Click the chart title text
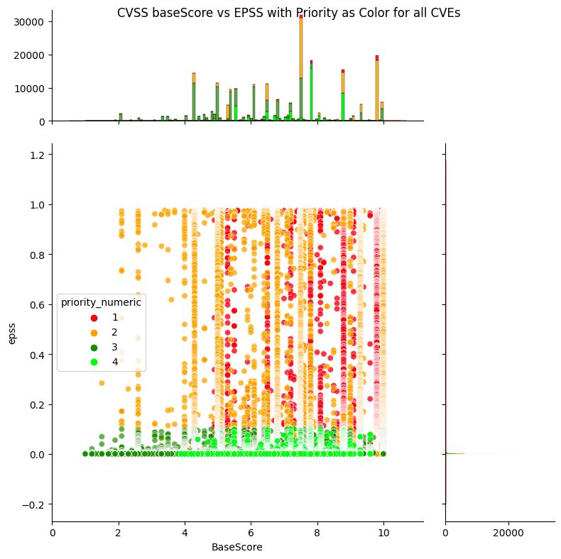click(x=289, y=12)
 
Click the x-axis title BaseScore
click(x=237, y=548)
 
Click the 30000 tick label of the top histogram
click(x=31, y=22)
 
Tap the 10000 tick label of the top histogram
click(x=31, y=89)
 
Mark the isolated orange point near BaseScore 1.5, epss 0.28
click(x=102, y=383)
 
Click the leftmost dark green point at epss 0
click(x=85, y=453)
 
